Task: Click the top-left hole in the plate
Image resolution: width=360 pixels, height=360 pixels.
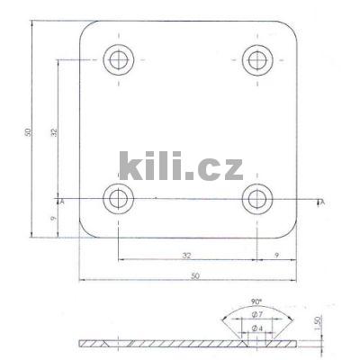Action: (x=118, y=60)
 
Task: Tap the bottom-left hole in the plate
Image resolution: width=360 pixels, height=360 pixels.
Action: (x=118, y=199)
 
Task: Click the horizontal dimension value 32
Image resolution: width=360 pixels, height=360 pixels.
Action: (x=186, y=256)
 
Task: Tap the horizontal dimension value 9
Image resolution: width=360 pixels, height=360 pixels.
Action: (x=276, y=256)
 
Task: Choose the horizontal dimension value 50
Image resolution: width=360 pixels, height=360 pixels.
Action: (x=195, y=275)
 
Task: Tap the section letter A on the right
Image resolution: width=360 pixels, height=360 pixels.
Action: (x=321, y=202)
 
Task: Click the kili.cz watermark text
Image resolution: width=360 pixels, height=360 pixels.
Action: (x=180, y=167)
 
